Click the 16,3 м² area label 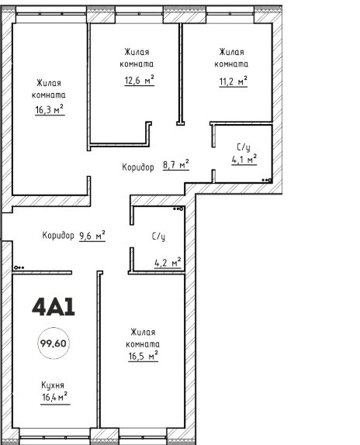tap(50, 109)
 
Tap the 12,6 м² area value tap(140, 80)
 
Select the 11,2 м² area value tap(233, 81)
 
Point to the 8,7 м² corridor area tap(176, 164)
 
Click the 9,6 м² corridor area tap(92, 236)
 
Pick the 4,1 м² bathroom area tap(244, 160)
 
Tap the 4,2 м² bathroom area tap(168, 263)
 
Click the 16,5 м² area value tap(143, 356)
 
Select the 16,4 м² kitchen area tap(55, 397)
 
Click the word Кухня tap(53, 385)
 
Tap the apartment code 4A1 tap(54, 307)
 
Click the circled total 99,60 tap(54, 343)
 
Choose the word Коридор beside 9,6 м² tap(58, 235)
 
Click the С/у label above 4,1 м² tap(244, 147)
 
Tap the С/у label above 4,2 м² tap(158, 236)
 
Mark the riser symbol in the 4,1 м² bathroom tap(267, 180)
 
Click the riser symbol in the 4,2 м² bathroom tap(178, 209)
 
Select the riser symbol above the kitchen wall tap(19, 267)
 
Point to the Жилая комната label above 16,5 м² tap(143, 338)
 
